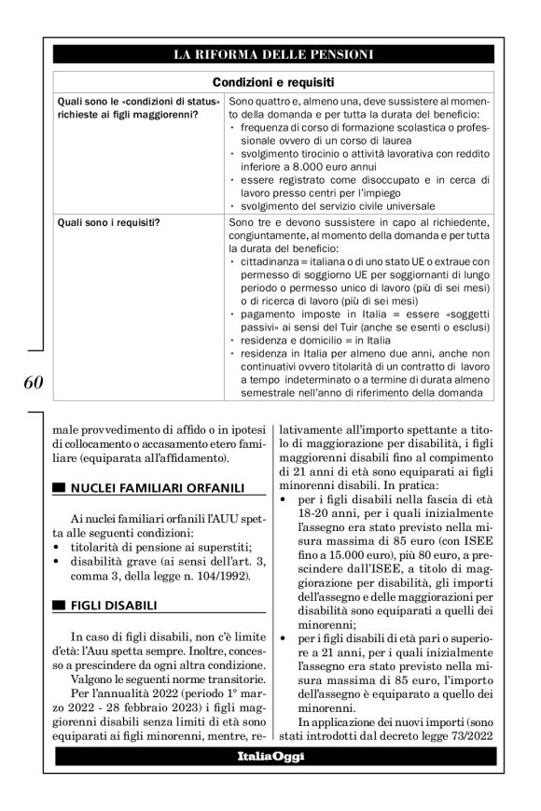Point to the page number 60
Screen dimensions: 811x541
pyautogui.click(x=30, y=382)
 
